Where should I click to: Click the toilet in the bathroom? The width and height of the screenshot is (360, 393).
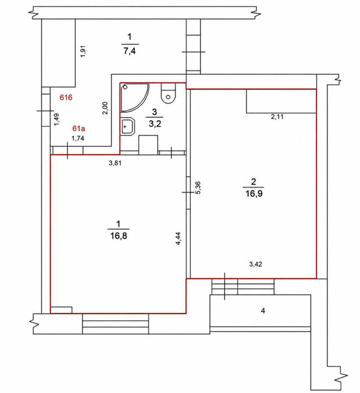pos(168,93)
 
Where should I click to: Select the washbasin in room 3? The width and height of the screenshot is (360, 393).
pos(128,126)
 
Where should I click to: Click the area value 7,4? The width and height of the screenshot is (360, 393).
pos(130,51)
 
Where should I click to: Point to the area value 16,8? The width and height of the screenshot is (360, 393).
pos(119,236)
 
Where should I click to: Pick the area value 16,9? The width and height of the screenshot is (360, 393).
pos(254,194)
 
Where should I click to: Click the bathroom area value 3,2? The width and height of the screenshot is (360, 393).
pos(154,124)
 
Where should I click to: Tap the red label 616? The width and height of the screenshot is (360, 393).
pos(66,97)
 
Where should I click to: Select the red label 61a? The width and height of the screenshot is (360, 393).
pos(79,129)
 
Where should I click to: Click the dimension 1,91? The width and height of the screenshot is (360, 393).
pos(83,51)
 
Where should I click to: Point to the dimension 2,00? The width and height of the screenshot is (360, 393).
pos(105,108)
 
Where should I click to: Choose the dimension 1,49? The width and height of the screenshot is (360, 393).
pos(57,120)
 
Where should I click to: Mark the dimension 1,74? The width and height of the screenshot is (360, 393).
pos(78,138)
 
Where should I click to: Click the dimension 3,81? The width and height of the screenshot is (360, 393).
pos(115,163)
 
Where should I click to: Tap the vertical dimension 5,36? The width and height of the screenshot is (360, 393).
pos(198,188)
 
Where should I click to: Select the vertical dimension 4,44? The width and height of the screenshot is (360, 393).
pos(178,239)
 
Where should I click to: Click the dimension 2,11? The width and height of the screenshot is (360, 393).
pos(277,117)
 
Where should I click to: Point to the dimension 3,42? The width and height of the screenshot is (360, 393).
pos(256,264)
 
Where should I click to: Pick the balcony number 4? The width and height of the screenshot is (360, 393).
pos(263,311)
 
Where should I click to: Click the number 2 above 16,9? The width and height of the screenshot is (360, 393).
pos(253,181)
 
